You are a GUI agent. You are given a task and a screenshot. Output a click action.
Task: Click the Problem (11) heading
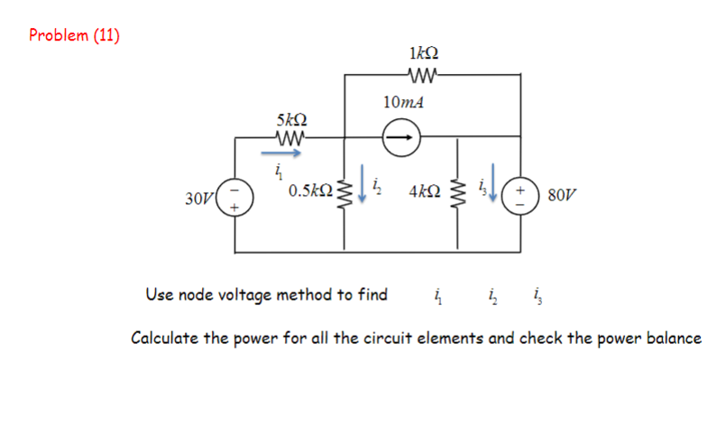point(74,35)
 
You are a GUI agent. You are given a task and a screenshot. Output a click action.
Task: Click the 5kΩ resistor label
point(291,118)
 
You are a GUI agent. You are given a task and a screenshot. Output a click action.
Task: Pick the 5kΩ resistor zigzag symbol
point(290,138)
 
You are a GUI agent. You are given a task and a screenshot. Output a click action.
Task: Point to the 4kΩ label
point(424,192)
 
